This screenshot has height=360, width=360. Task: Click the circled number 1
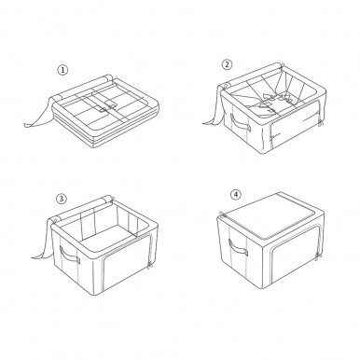pyautogui.click(x=62, y=70)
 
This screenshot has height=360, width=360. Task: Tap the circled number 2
pyautogui.click(x=227, y=64)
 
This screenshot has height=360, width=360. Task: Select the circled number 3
pyautogui.click(x=62, y=199)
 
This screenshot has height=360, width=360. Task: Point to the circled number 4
pyautogui.click(x=236, y=195)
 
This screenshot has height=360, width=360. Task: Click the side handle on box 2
pyautogui.click(x=240, y=122)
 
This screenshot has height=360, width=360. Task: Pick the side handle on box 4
pyautogui.click(x=238, y=248)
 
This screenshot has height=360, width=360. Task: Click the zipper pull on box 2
pyautogui.click(x=320, y=123)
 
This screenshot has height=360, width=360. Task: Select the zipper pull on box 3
pyautogui.click(x=149, y=265)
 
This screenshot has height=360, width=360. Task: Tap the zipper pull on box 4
pyautogui.click(x=317, y=256)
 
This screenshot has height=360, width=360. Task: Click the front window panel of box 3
pyautogui.click(x=125, y=263)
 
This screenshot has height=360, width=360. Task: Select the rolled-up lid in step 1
pyautogui.click(x=82, y=87)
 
